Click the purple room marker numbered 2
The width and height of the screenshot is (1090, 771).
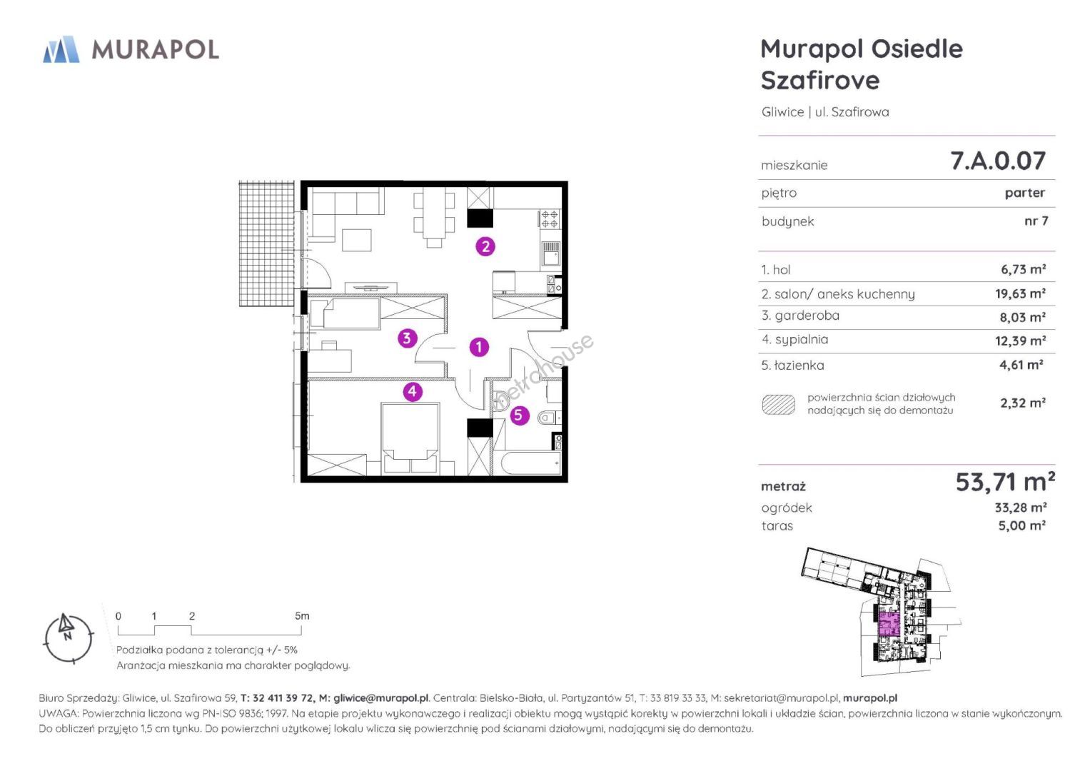(x=485, y=246)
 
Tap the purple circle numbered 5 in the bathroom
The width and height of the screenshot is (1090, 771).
(x=519, y=415)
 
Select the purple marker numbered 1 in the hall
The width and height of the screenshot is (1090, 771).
(x=479, y=347)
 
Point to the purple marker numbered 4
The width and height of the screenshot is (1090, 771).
(x=413, y=391)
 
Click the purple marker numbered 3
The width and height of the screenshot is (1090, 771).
(x=408, y=338)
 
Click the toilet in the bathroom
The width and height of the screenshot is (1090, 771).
(x=550, y=418)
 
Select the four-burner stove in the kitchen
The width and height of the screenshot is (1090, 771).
(x=550, y=219)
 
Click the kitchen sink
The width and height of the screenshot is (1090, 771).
(x=551, y=253)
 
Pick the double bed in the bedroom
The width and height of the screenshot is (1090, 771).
(x=410, y=437)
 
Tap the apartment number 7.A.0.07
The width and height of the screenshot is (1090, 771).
(x=998, y=161)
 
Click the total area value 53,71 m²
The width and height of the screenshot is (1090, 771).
(x=1005, y=483)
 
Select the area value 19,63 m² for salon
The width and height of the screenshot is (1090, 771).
(x=1021, y=293)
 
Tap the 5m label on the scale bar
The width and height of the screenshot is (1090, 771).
(x=302, y=615)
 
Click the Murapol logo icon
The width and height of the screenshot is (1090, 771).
(x=61, y=49)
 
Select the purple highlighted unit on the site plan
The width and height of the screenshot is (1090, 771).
(x=889, y=625)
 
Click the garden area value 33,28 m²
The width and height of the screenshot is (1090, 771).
(x=1021, y=508)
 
